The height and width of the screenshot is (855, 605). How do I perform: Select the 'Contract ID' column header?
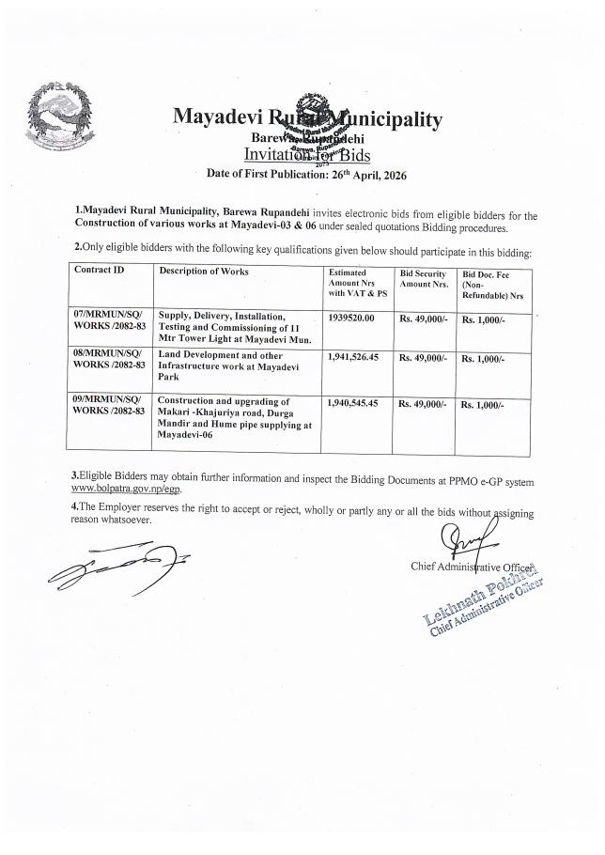[99, 271]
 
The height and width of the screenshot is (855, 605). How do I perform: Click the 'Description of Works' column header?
[204, 271]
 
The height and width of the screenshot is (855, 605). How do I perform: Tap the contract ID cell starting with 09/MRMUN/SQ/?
[109, 406]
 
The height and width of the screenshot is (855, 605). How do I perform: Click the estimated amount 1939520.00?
[352, 319]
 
